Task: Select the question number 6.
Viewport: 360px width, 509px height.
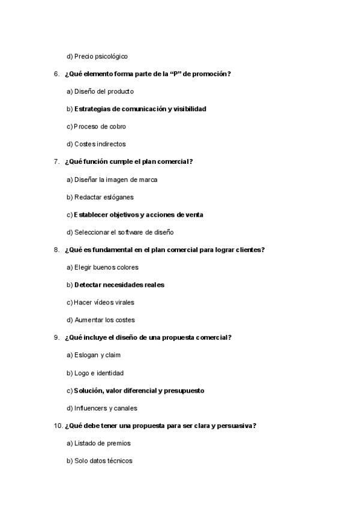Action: (56, 74)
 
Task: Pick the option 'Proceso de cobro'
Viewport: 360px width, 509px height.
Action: (100, 127)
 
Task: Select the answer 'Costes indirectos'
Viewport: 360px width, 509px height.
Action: (100, 144)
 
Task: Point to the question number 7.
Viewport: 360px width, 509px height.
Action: (56, 161)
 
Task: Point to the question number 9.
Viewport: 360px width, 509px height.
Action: (56, 337)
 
